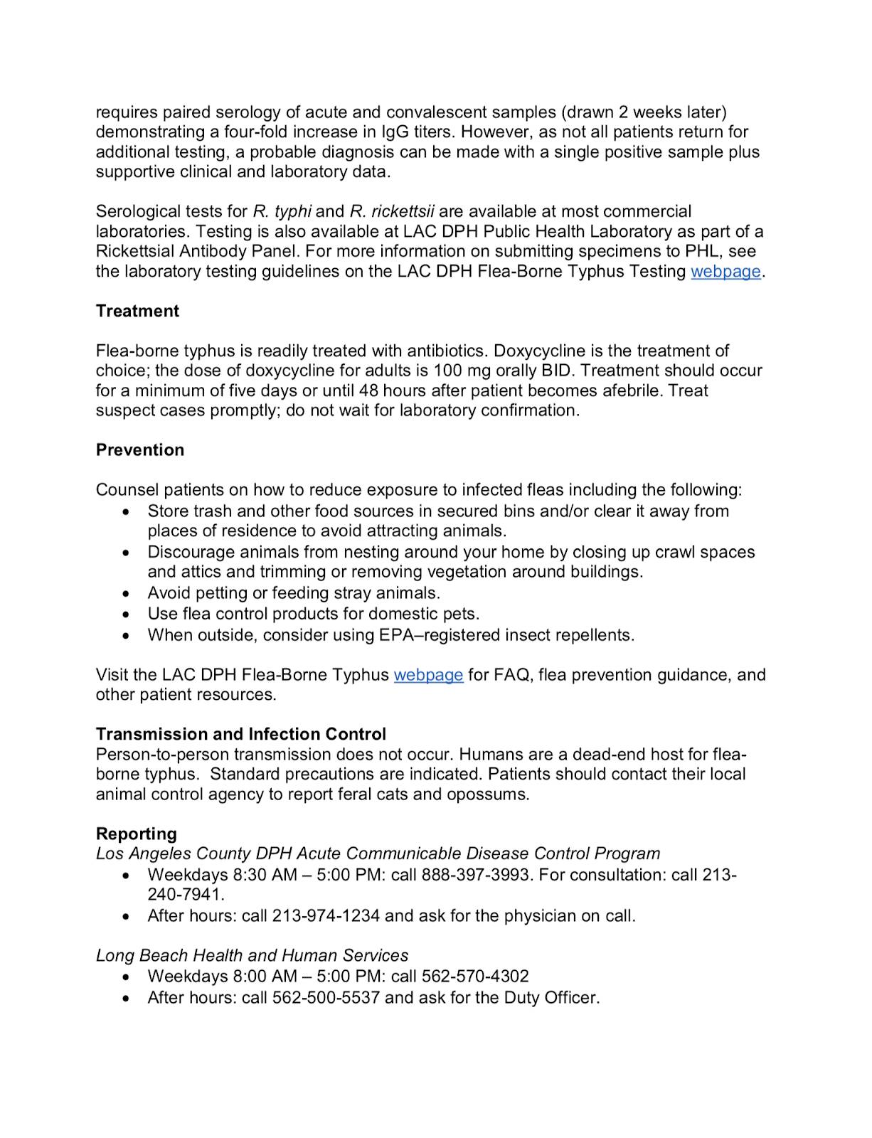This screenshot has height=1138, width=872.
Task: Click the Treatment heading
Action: [x=137, y=311]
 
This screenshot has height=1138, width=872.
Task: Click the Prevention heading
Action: [x=140, y=450]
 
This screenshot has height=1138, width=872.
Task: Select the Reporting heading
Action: [x=137, y=833]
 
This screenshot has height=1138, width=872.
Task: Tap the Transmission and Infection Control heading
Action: [x=241, y=733]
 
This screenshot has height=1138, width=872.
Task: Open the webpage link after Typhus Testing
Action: [x=725, y=271]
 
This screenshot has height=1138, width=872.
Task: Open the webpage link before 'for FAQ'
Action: [x=428, y=674]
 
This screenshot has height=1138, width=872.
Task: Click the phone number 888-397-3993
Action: [x=477, y=874]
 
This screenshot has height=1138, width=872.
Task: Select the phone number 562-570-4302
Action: [x=475, y=977]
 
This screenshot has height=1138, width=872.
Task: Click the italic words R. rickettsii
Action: [x=392, y=211]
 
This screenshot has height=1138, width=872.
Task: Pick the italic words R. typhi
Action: [x=282, y=211]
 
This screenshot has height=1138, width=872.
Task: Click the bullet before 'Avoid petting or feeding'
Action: [x=127, y=593]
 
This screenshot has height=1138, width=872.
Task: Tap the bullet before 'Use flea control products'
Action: [x=127, y=614]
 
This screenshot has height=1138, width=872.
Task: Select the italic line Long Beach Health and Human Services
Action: [x=252, y=955]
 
